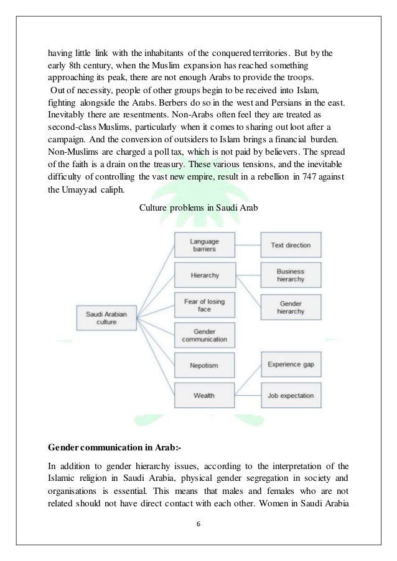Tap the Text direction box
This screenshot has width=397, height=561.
coord(290,245)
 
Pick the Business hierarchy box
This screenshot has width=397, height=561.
coord(290,275)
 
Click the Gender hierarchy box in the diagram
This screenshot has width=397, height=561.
coord(290,305)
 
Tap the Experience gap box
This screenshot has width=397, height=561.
coord(290,365)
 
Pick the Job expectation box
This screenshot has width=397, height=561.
coord(290,395)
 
